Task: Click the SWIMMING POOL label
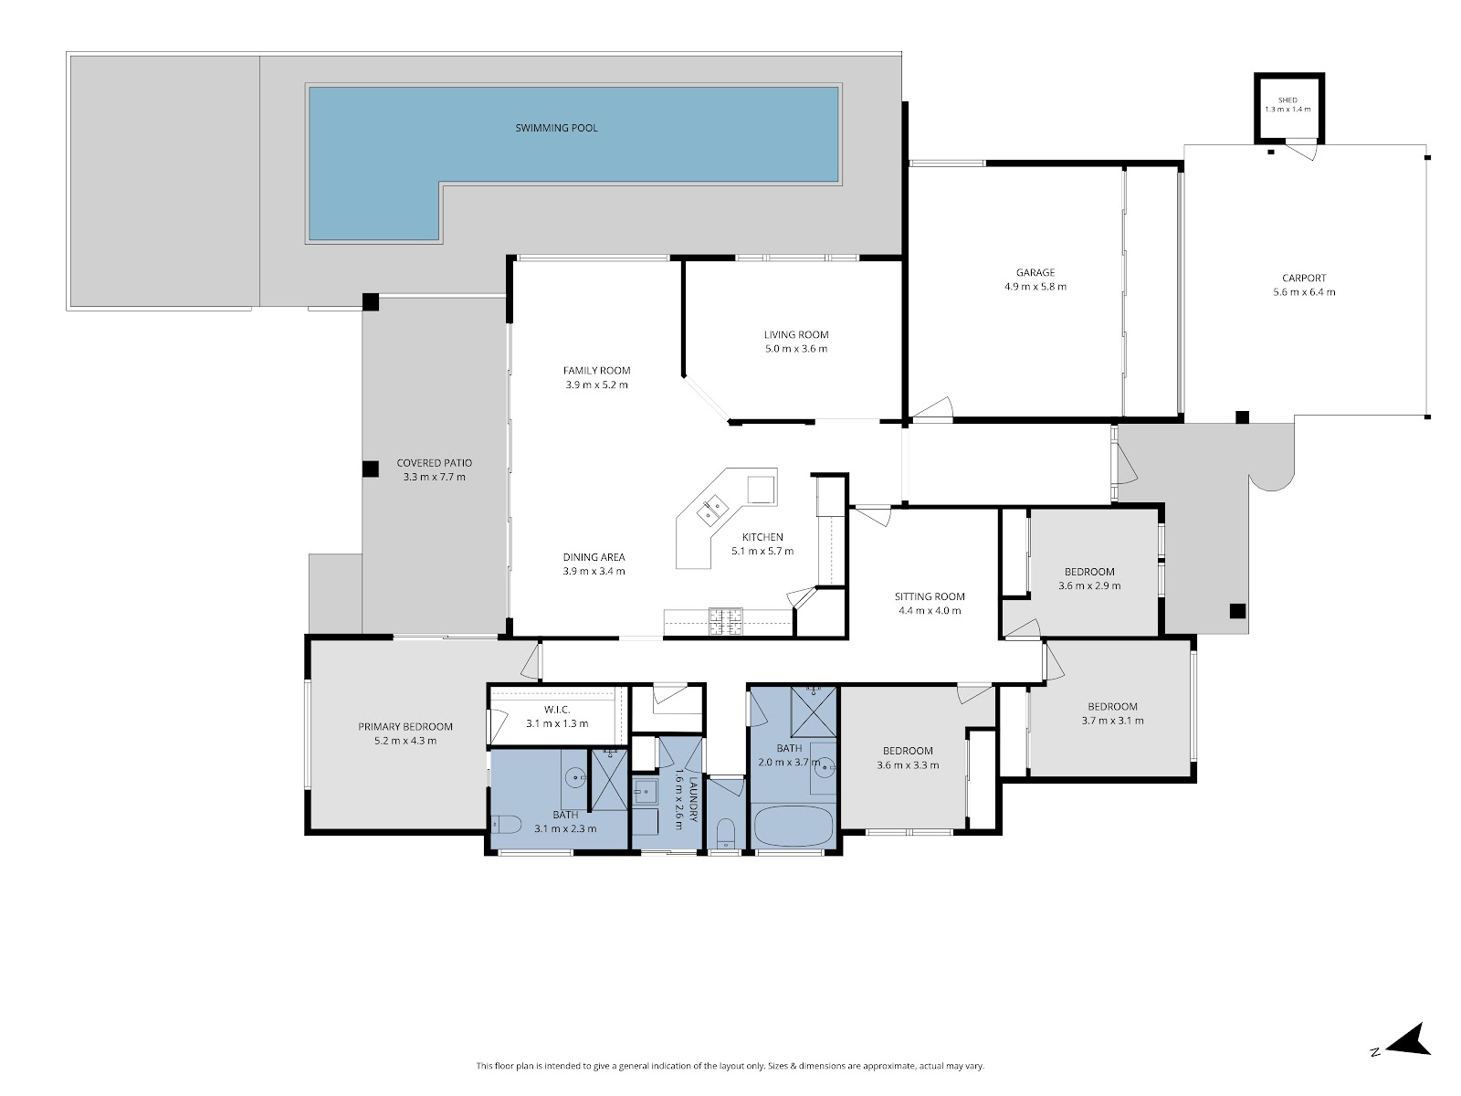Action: pyautogui.click(x=556, y=128)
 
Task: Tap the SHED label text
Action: pyautogui.click(x=1288, y=100)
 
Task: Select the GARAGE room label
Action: pyautogui.click(x=1035, y=272)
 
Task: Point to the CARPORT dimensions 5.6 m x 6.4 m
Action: pyautogui.click(x=1304, y=292)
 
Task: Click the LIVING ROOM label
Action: pyautogui.click(x=796, y=334)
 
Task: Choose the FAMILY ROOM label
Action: pyautogui.click(x=596, y=371)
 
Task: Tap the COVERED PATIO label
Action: pyautogui.click(x=434, y=463)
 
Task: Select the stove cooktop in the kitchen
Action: pyautogui.click(x=726, y=622)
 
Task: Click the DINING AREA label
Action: pyautogui.click(x=594, y=557)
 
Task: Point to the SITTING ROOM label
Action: pyautogui.click(x=930, y=597)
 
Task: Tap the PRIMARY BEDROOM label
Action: pyautogui.click(x=405, y=727)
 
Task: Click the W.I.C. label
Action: pyautogui.click(x=557, y=710)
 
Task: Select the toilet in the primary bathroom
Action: pyautogui.click(x=506, y=825)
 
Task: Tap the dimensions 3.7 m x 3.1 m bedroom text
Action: pyautogui.click(x=1112, y=721)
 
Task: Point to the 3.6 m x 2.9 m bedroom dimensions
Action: pyautogui.click(x=1089, y=586)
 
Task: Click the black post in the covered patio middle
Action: pyautogui.click(x=371, y=469)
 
